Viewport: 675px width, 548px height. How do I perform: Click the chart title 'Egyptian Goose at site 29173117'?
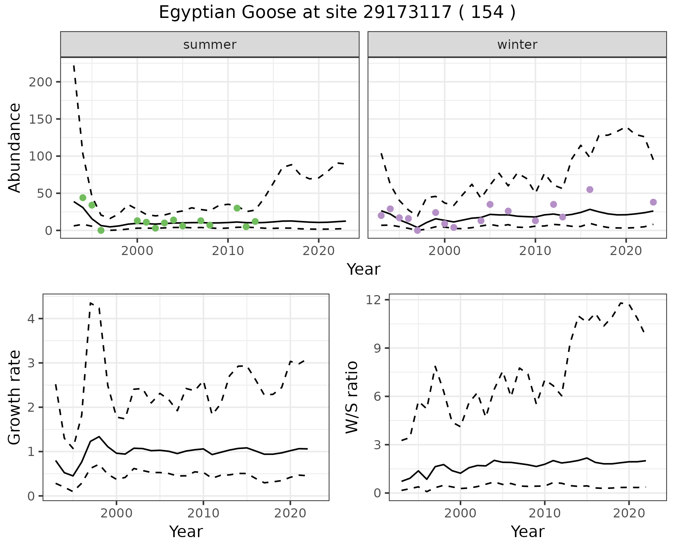(337, 13)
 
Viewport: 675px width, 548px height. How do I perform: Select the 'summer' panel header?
(210, 45)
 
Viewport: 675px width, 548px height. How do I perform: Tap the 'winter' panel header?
(517, 45)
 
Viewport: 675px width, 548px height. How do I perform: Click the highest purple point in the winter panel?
(590, 190)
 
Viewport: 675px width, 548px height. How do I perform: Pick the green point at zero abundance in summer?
(101, 230)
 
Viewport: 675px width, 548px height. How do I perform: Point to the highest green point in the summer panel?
(83, 198)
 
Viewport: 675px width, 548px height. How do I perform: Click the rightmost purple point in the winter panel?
(653, 202)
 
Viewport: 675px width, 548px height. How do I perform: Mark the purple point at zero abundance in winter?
(417, 230)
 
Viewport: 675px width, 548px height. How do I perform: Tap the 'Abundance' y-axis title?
(15, 148)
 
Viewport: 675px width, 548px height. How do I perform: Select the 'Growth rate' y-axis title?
(15, 397)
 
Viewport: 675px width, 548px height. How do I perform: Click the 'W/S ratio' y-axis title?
(352, 397)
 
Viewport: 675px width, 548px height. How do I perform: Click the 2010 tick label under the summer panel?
(228, 251)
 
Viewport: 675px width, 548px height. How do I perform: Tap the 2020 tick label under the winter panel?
(626, 251)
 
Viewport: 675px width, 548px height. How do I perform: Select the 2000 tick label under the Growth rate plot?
(116, 514)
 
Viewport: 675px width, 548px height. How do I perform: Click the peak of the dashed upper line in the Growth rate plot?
(91, 302)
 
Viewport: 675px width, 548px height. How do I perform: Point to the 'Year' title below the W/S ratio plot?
(527, 531)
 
